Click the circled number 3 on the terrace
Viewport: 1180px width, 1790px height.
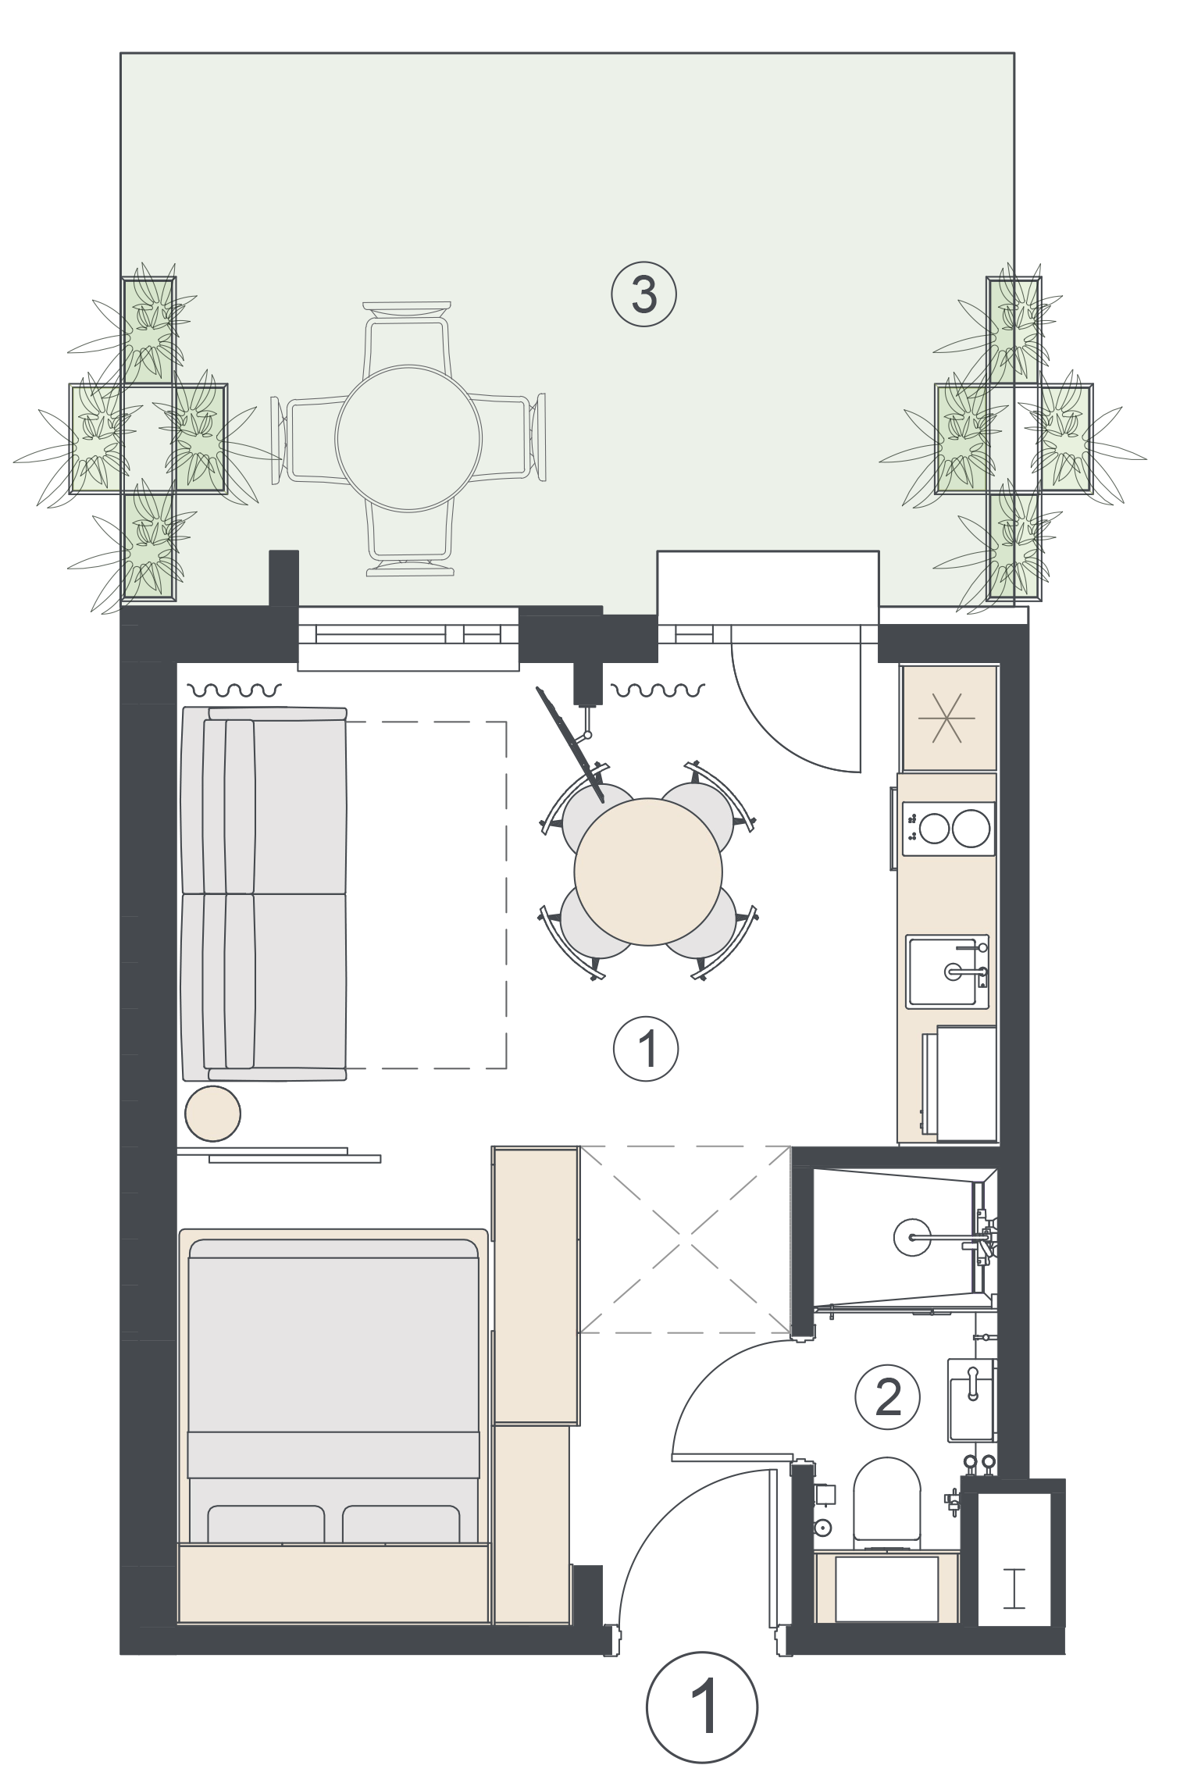pyautogui.click(x=643, y=294)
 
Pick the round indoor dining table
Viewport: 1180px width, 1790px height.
pyautogui.click(x=648, y=871)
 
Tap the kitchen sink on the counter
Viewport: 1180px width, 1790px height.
pyautogui.click(x=947, y=971)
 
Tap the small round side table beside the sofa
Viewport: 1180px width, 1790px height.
pyautogui.click(x=212, y=1113)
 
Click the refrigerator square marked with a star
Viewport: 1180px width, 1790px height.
pyautogui.click(x=949, y=717)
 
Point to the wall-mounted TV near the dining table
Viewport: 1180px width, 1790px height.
pyautogui.click(x=570, y=744)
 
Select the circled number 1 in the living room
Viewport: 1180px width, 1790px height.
pyautogui.click(x=646, y=1049)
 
